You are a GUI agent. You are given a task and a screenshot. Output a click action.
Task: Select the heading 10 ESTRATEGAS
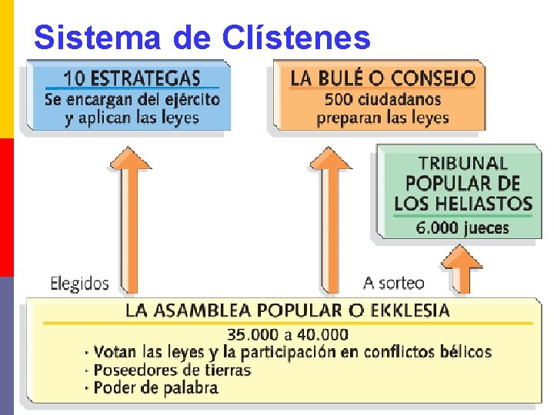tap(132, 78)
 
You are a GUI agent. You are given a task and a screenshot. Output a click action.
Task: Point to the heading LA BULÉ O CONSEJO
tap(382, 78)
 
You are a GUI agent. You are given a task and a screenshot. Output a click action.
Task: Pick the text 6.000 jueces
tap(462, 227)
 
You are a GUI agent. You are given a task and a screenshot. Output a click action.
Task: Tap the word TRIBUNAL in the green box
tap(462, 164)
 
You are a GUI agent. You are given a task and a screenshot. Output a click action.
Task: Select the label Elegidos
tap(79, 283)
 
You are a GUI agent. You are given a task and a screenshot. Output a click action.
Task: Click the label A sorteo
tap(393, 283)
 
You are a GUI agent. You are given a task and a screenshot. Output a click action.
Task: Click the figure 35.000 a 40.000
tap(287, 334)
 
